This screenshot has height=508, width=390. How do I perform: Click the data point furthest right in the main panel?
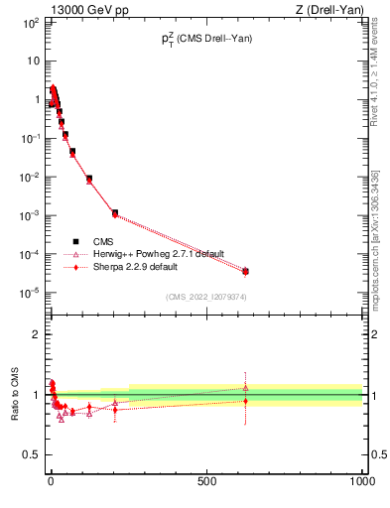click(x=245, y=271)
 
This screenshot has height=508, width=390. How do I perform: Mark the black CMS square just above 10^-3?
click(x=115, y=212)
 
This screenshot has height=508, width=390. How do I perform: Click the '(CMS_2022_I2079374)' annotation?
click(x=205, y=297)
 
